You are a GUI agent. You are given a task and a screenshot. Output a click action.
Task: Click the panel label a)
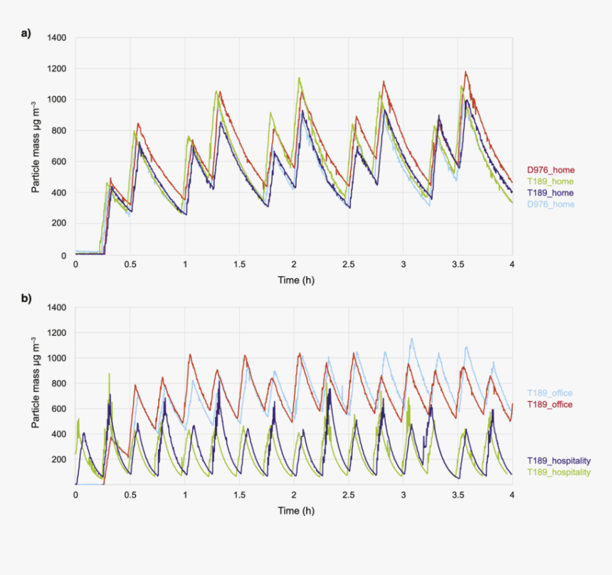pos(26,33)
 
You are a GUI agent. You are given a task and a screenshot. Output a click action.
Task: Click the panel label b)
pos(26,300)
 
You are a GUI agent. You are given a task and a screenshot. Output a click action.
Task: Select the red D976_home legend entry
pos(550,170)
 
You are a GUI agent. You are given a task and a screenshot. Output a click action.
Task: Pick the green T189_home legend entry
pos(550,181)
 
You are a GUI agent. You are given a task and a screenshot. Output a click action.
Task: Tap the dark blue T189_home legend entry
pos(550,193)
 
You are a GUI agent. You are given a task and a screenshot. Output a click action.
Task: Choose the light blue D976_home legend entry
pos(550,204)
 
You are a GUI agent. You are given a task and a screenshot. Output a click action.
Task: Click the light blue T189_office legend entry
pos(549,393)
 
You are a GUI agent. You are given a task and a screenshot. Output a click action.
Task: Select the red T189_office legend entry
pos(549,404)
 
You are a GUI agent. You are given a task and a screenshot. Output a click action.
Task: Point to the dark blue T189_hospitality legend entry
pos(559,460)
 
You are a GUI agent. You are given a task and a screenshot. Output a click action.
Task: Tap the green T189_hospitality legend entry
pos(559,472)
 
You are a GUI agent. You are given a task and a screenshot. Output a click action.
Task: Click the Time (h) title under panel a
pos(296,280)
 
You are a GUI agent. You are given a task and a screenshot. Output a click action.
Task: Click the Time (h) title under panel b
pos(296,510)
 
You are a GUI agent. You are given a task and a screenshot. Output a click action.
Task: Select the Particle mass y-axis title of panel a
pos(35,147)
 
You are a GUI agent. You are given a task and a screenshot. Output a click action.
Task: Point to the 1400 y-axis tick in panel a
pos(57,38)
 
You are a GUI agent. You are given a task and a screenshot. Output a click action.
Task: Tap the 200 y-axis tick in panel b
pos(59,459)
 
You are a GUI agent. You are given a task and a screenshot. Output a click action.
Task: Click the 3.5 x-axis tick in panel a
pos(458,264)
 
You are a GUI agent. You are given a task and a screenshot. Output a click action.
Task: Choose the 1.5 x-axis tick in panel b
pos(239,494)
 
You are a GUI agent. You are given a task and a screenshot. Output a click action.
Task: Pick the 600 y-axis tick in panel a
pos(59,162)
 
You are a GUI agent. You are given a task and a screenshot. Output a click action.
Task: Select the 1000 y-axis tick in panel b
pos(57,358)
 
